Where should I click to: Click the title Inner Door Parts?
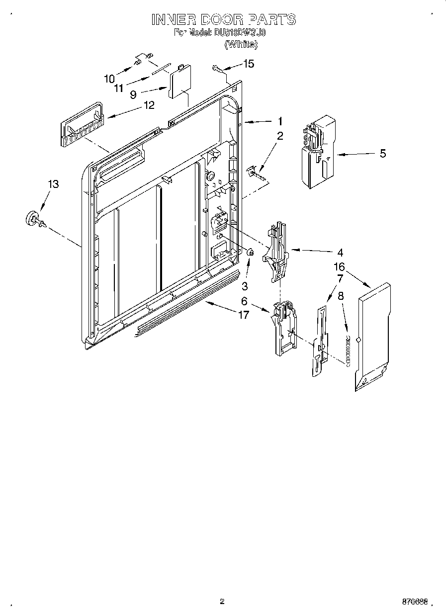(223, 19)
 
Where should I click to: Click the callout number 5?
(382, 154)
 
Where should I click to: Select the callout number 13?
(53, 184)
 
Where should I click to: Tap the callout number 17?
(243, 315)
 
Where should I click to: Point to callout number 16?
(339, 267)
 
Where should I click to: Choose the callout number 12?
(148, 105)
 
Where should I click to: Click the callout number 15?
(248, 64)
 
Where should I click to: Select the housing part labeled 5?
(316, 152)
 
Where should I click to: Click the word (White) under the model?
(241, 44)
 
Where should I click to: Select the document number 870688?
(414, 601)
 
